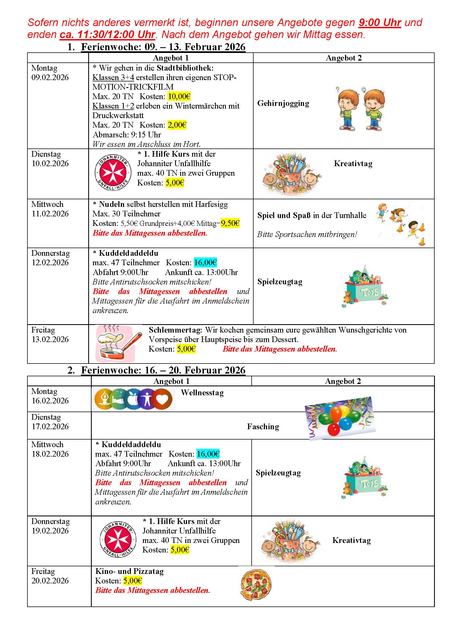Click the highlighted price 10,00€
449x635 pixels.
(x=179, y=97)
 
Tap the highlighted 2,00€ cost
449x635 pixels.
(x=177, y=125)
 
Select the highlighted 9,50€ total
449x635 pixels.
(x=230, y=223)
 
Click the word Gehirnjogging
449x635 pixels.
(x=283, y=103)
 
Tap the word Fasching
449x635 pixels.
(x=263, y=427)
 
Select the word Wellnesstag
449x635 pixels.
(x=202, y=393)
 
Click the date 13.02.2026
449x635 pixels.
(x=50, y=339)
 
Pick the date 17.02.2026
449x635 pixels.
(x=50, y=427)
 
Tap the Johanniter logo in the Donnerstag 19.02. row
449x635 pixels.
(x=118, y=540)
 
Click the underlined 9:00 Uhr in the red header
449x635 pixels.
(x=380, y=23)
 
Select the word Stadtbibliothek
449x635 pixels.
(x=185, y=68)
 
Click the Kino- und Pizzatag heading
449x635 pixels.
(x=129, y=571)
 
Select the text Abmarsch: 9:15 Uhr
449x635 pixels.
(x=127, y=135)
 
